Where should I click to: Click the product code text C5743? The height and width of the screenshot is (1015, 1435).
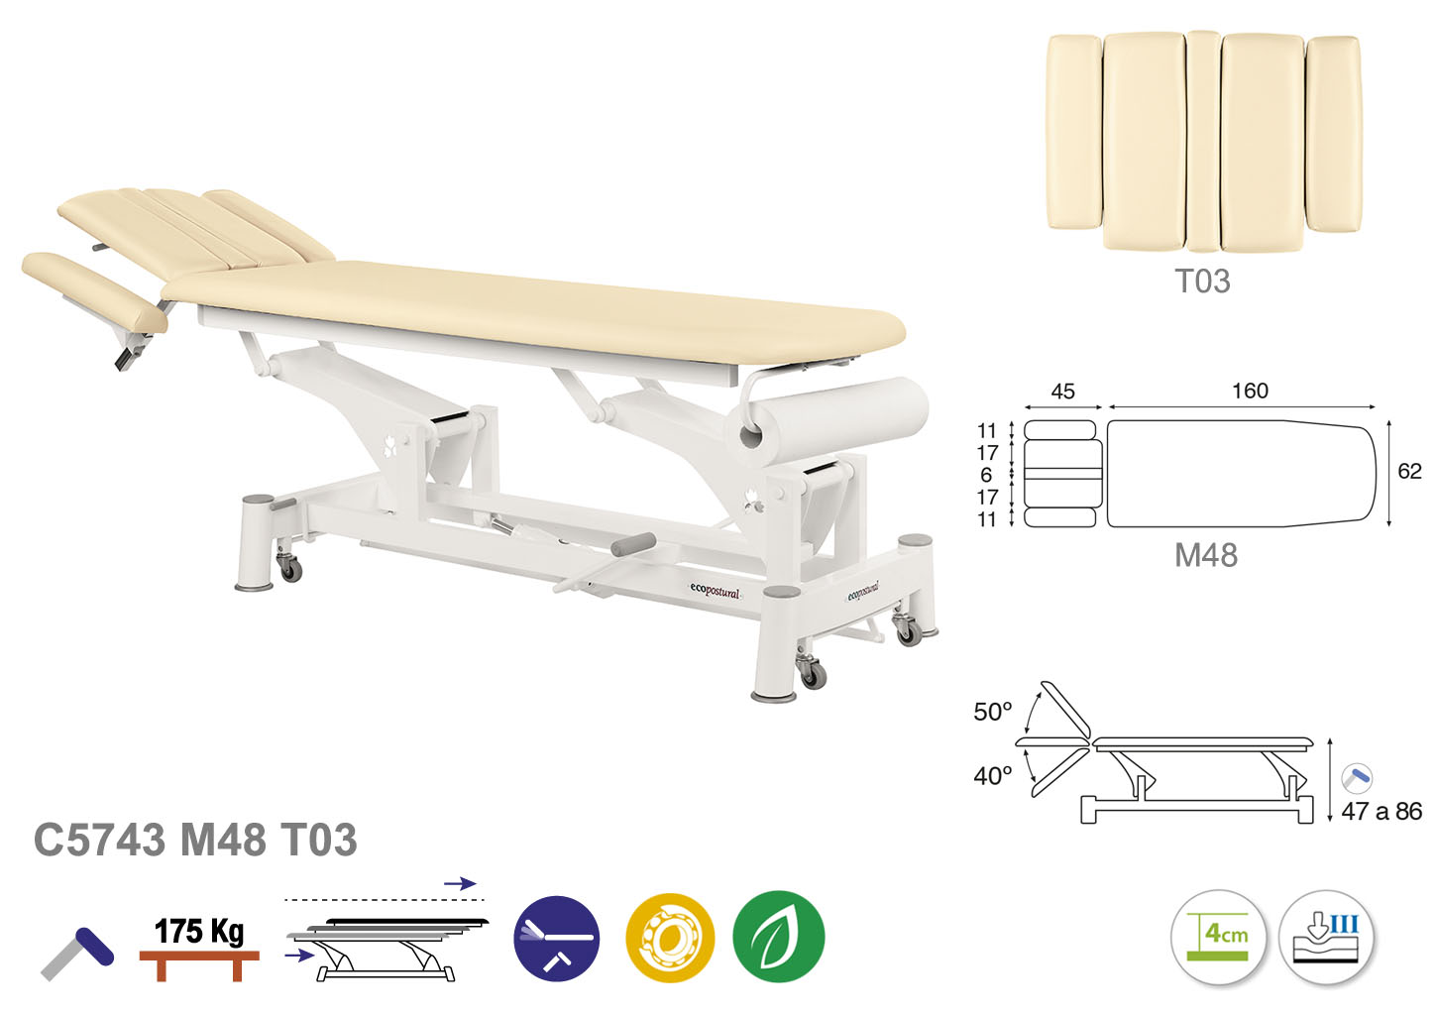99,841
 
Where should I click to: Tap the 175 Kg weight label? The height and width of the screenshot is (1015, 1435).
198,931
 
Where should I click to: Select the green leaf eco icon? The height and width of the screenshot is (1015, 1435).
778,936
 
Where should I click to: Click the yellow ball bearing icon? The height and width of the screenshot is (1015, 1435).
670,938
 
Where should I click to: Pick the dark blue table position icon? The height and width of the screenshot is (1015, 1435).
557,938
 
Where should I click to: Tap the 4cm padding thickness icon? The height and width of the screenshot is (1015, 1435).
1219,937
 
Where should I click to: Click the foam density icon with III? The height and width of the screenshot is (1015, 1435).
1326,937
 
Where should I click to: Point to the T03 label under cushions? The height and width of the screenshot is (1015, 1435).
1202,281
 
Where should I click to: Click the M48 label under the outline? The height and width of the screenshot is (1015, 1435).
1206,555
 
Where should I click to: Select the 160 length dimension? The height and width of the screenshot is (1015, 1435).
1250,391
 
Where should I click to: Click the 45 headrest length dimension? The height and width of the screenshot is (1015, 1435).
1062,391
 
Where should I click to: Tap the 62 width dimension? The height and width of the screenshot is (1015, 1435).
1409,471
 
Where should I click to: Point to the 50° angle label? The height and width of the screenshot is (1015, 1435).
992,712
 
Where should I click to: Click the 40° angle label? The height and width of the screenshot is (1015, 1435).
992,776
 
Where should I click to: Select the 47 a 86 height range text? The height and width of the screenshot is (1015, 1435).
1381,811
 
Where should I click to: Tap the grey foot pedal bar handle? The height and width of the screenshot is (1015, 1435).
633,544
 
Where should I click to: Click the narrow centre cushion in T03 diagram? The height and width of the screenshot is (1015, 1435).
1203,141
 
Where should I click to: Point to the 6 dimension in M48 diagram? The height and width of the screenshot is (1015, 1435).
986,475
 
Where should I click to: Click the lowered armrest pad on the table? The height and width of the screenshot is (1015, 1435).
95,291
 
